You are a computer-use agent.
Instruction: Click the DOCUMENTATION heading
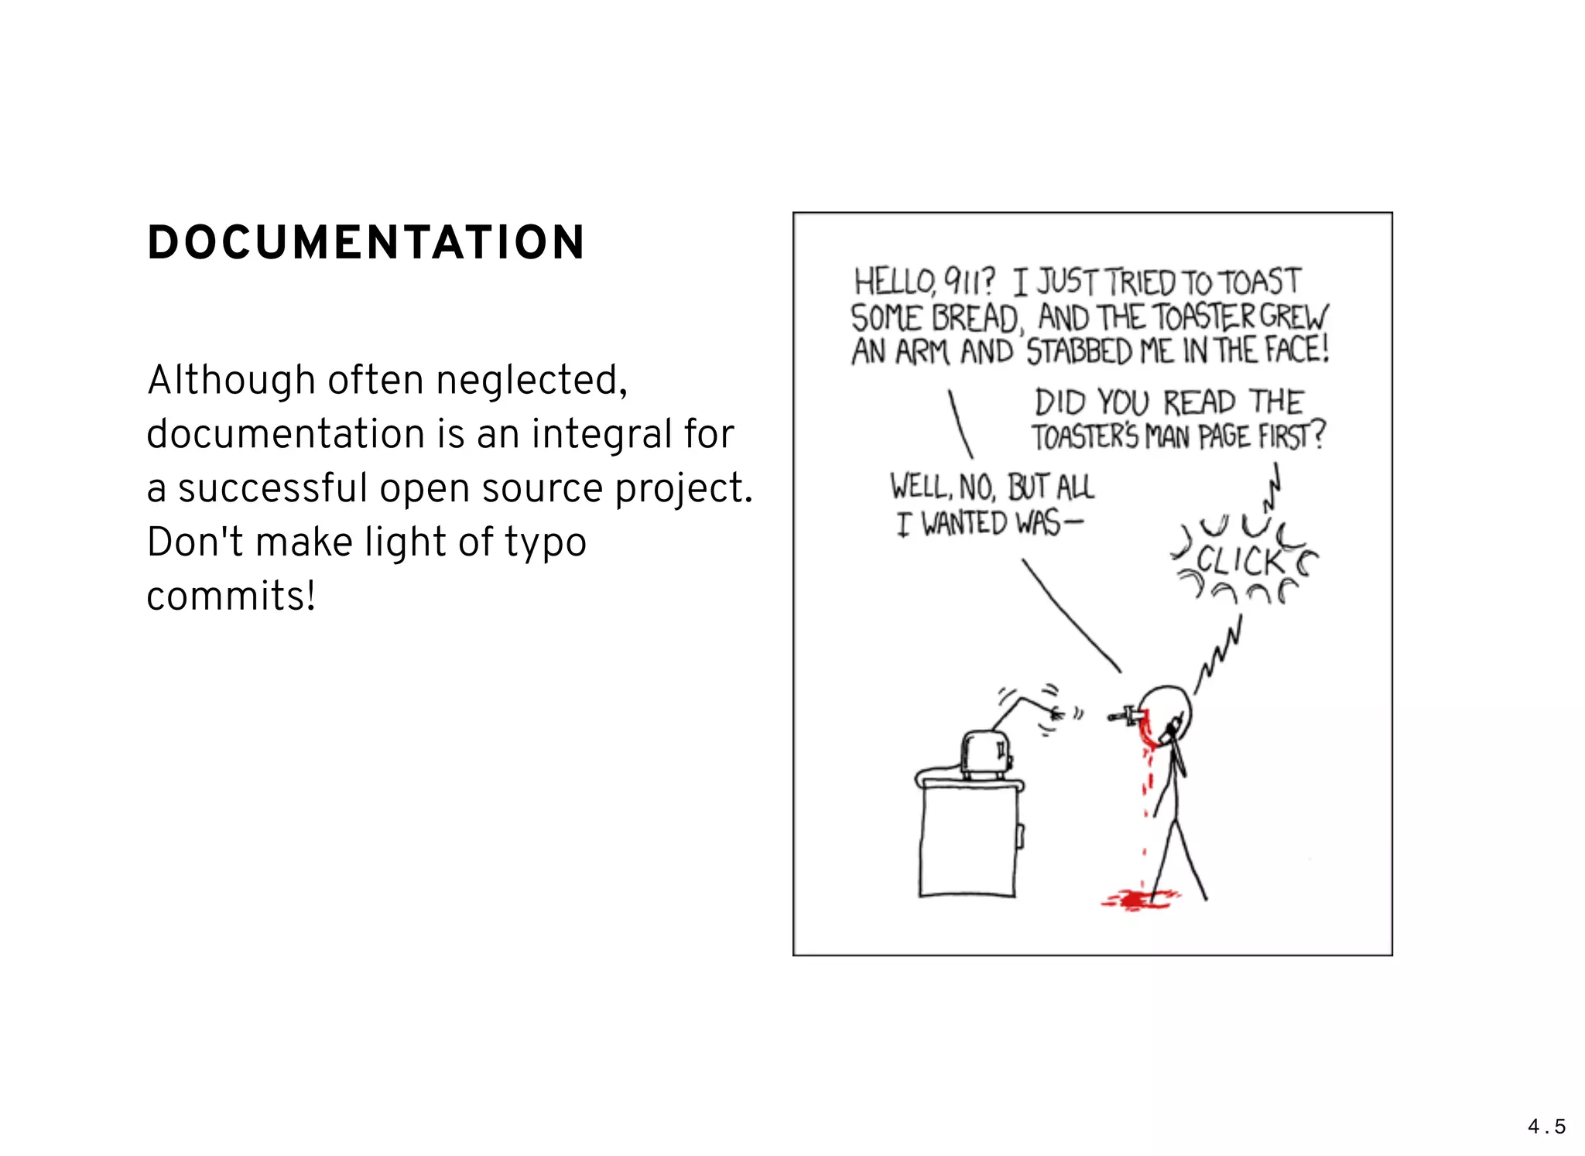(x=366, y=243)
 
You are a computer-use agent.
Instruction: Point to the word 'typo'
(x=546, y=542)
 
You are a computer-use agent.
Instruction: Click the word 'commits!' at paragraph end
(x=231, y=597)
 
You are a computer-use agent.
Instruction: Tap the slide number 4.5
(x=1546, y=1127)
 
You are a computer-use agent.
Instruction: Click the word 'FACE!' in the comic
(x=1297, y=350)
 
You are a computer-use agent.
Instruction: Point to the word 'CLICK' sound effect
(x=1241, y=561)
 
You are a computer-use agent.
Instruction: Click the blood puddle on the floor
(x=1138, y=898)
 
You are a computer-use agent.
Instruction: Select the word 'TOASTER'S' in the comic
(x=1085, y=437)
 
